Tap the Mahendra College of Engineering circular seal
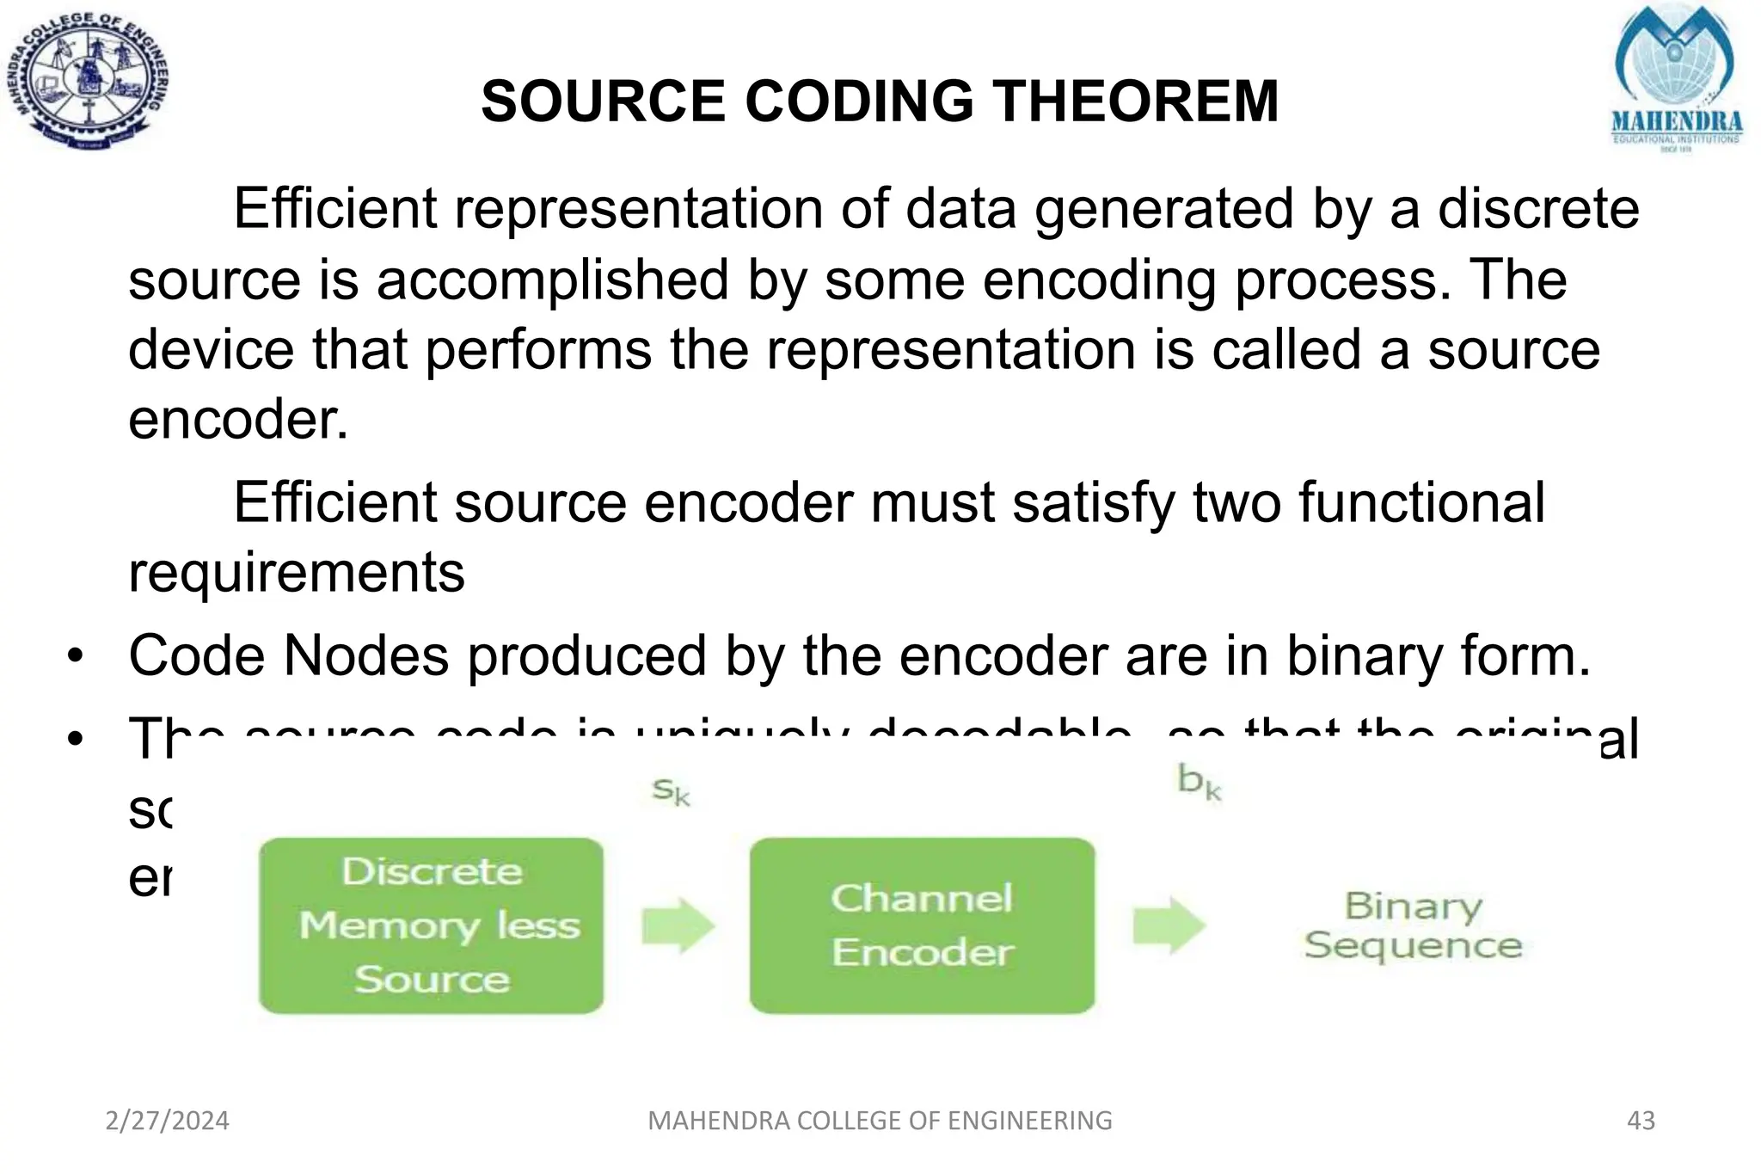point(88,82)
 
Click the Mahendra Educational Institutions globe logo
point(1675,77)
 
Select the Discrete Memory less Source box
point(432,925)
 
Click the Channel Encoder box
point(922,925)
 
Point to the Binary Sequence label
point(1413,925)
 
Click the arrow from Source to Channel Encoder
point(678,925)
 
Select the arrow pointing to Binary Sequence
point(1169,925)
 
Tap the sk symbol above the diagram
point(671,790)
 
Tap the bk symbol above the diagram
point(1199,782)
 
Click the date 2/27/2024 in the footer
point(168,1121)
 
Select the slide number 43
point(1641,1121)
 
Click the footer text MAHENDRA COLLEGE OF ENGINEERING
point(880,1121)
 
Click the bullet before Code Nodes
point(76,657)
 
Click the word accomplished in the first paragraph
point(553,280)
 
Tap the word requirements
point(296,573)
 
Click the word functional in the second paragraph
point(1421,503)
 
